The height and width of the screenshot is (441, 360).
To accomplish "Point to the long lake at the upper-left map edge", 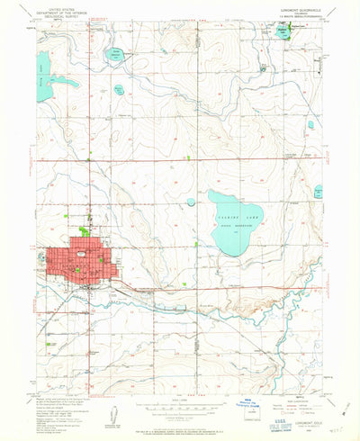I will [43, 66].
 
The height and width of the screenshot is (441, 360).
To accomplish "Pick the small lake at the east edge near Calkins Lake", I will [319, 192].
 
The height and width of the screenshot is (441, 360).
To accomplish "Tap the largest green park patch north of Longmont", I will [84, 231].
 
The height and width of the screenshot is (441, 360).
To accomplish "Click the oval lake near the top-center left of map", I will [115, 54].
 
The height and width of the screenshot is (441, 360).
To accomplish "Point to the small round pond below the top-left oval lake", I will [119, 89].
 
